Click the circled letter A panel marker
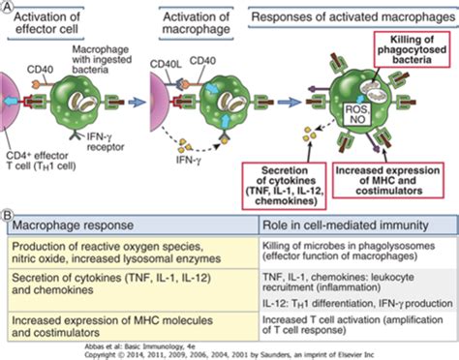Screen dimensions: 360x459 click(8, 7)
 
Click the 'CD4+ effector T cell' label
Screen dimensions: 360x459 click(42, 153)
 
